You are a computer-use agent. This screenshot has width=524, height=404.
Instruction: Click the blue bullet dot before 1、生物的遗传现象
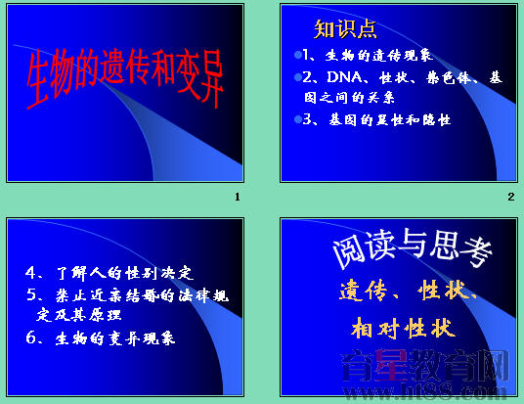pos(297,55)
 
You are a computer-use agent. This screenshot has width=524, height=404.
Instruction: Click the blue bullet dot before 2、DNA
pos(297,76)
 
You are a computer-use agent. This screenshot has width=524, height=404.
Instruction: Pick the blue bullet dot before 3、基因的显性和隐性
pos(297,118)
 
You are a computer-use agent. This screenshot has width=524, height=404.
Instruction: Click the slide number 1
pos(238,198)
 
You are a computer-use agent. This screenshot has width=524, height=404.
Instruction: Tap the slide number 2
pos(510,198)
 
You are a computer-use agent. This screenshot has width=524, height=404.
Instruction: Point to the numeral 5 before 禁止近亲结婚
pos(32,295)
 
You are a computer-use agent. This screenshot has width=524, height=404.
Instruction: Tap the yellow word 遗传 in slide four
pos(363,292)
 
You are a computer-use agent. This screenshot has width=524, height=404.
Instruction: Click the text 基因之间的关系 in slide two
pos(348,98)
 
